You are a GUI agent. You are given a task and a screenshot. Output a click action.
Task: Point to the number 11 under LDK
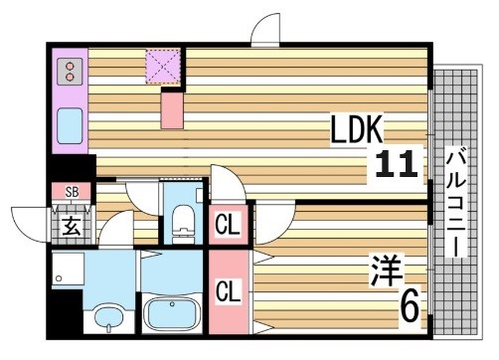click(398, 164)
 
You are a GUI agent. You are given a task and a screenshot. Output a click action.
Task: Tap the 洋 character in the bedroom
click(387, 269)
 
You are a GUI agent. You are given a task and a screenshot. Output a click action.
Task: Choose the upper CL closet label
click(228, 226)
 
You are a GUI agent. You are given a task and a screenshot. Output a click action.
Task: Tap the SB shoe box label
click(72, 192)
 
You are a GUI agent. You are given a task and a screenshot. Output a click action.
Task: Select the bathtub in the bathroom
click(173, 314)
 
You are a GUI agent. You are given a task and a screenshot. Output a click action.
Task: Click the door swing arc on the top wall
click(266, 29)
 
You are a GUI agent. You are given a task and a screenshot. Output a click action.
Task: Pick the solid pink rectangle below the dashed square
click(173, 107)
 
